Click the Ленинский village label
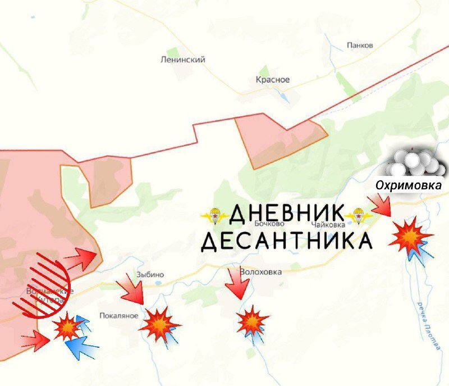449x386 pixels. point(182,60)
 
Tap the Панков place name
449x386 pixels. point(360,46)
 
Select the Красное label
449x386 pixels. point(273,80)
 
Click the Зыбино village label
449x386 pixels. point(150,275)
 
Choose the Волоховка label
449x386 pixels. point(260,272)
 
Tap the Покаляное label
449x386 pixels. point(118,315)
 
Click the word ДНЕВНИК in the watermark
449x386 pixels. point(286,214)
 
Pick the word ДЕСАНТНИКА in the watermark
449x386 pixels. point(286,241)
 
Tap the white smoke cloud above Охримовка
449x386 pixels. point(414,164)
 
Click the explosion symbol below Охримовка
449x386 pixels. point(411,237)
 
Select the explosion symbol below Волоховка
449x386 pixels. point(253,322)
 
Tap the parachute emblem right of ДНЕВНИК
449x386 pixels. point(358,215)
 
